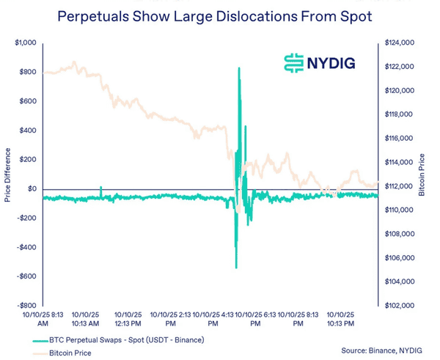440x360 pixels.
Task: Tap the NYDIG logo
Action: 320,63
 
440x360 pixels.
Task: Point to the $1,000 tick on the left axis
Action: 25,43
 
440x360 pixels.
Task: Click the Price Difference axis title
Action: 7,174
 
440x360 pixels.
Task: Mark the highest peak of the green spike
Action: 239,68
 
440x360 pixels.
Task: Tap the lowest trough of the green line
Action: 235,268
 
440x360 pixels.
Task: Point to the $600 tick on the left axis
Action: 28,101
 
